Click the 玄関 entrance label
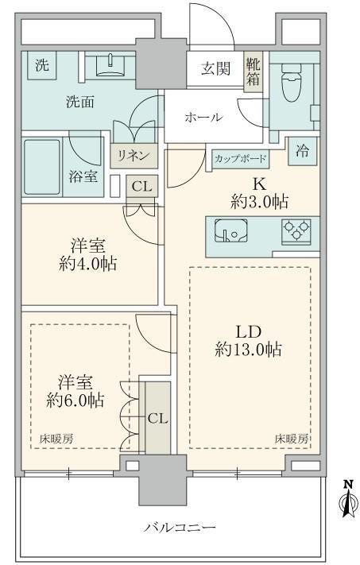click(215, 68)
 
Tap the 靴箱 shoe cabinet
click(253, 72)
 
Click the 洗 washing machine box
click(42, 65)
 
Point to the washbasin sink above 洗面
click(111, 65)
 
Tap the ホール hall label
click(203, 118)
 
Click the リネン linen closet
click(134, 156)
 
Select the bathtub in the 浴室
click(42, 167)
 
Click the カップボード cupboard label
click(240, 159)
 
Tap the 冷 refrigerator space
click(303, 151)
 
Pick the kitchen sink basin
click(231, 231)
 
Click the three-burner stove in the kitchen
click(296, 230)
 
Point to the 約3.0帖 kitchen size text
click(259, 203)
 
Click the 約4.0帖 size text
click(88, 264)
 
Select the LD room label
click(248, 331)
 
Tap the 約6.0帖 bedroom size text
click(75, 401)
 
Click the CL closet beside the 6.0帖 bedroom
click(157, 418)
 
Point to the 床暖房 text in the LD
click(292, 439)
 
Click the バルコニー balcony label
click(180, 528)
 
